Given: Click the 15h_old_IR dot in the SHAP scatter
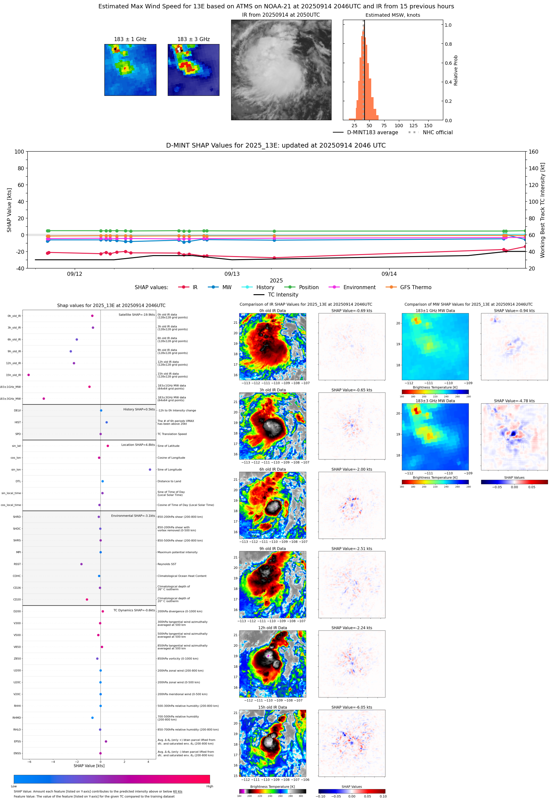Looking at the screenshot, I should pos(29,375).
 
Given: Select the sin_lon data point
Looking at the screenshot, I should pos(150,469).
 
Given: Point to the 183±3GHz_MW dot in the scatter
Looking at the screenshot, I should pos(44,398).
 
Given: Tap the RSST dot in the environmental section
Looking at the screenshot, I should pos(82,564).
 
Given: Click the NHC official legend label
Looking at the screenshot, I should pos(438,132).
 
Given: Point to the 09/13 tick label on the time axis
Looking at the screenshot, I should pos(232,274).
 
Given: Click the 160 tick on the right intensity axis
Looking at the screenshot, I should pos(533,152).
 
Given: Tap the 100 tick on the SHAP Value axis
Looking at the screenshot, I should pos(19,152).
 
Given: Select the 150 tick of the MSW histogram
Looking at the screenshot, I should pos(428,126).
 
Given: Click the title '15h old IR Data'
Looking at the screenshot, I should pos(272,707).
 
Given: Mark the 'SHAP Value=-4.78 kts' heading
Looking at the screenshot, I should pos(514,401).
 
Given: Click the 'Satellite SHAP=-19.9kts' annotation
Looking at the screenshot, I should pos(137,315).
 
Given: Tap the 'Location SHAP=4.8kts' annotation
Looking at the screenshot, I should pos(138,444).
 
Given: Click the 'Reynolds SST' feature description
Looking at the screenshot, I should pos(167,564).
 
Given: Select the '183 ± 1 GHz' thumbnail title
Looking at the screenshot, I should pos(130,39).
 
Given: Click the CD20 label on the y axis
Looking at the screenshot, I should pos(17,600).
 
